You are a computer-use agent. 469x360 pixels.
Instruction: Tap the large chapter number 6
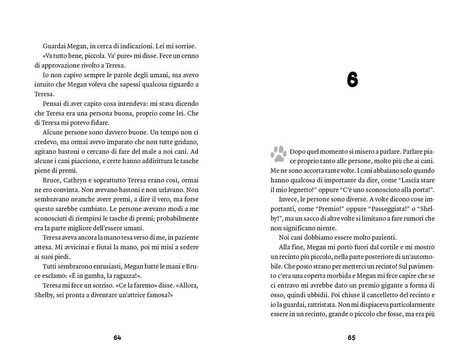(x=353, y=81)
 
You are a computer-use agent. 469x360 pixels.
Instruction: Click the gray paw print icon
(x=279, y=153)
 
